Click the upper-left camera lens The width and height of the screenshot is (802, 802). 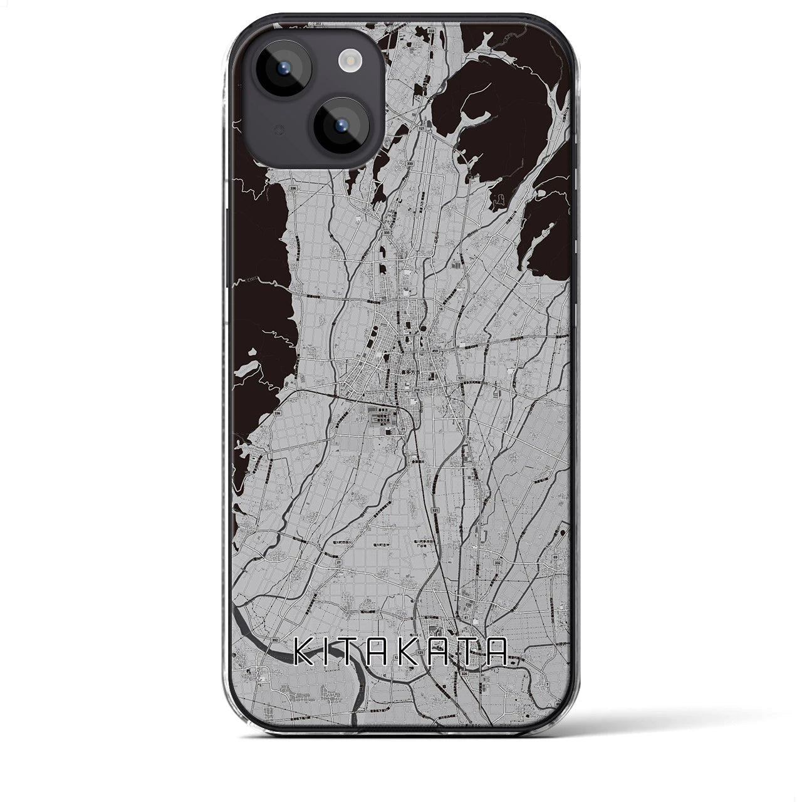pyautogui.click(x=280, y=69)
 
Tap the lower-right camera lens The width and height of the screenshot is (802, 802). pyautogui.click(x=339, y=125)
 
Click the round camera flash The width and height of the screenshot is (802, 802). pyautogui.click(x=347, y=60)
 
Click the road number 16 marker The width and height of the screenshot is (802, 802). pyautogui.click(x=441, y=309)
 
